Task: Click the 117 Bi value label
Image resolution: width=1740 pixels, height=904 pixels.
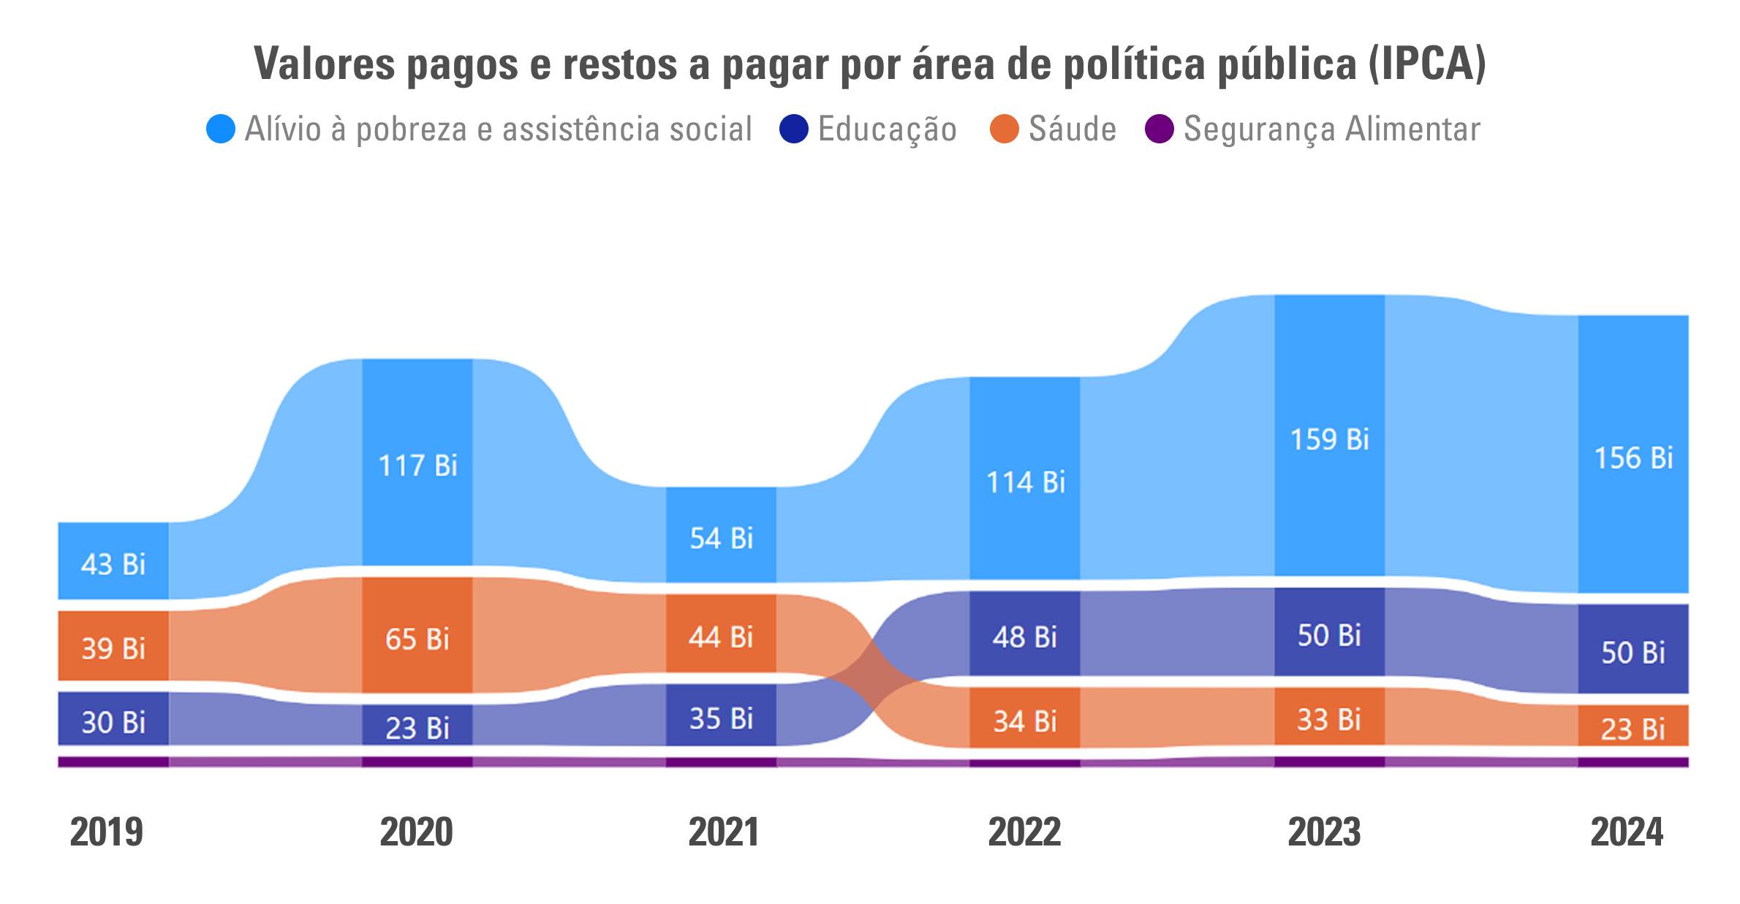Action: coord(417,465)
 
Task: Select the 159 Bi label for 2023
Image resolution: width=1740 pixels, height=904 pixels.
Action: coord(1329,440)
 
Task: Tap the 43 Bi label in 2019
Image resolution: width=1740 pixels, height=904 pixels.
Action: coord(113,565)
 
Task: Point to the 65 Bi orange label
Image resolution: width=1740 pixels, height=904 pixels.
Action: coord(417,639)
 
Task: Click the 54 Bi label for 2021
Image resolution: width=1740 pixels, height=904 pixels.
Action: coord(721,538)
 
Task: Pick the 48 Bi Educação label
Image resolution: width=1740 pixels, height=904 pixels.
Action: coord(1024,637)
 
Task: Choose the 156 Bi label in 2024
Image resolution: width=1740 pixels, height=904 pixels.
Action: coord(1633,458)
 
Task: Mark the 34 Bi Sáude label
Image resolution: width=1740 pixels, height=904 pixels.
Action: coord(1024,722)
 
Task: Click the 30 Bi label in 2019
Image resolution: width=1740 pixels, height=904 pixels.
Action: coord(113,723)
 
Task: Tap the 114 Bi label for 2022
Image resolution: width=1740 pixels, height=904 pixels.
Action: coord(1026,483)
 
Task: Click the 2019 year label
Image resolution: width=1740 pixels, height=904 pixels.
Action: coord(107,832)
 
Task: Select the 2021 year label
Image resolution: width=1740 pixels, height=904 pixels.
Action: coord(724,832)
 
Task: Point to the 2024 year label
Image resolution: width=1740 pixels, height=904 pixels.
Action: coord(1627,832)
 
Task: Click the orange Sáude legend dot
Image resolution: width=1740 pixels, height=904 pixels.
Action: coord(1005,129)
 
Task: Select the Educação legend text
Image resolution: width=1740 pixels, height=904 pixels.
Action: coord(887,129)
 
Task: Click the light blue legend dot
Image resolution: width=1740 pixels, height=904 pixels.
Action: coord(221,129)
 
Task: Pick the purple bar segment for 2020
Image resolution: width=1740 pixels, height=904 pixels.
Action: coord(417,762)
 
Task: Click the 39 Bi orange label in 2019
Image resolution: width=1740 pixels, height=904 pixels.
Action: coord(113,649)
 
